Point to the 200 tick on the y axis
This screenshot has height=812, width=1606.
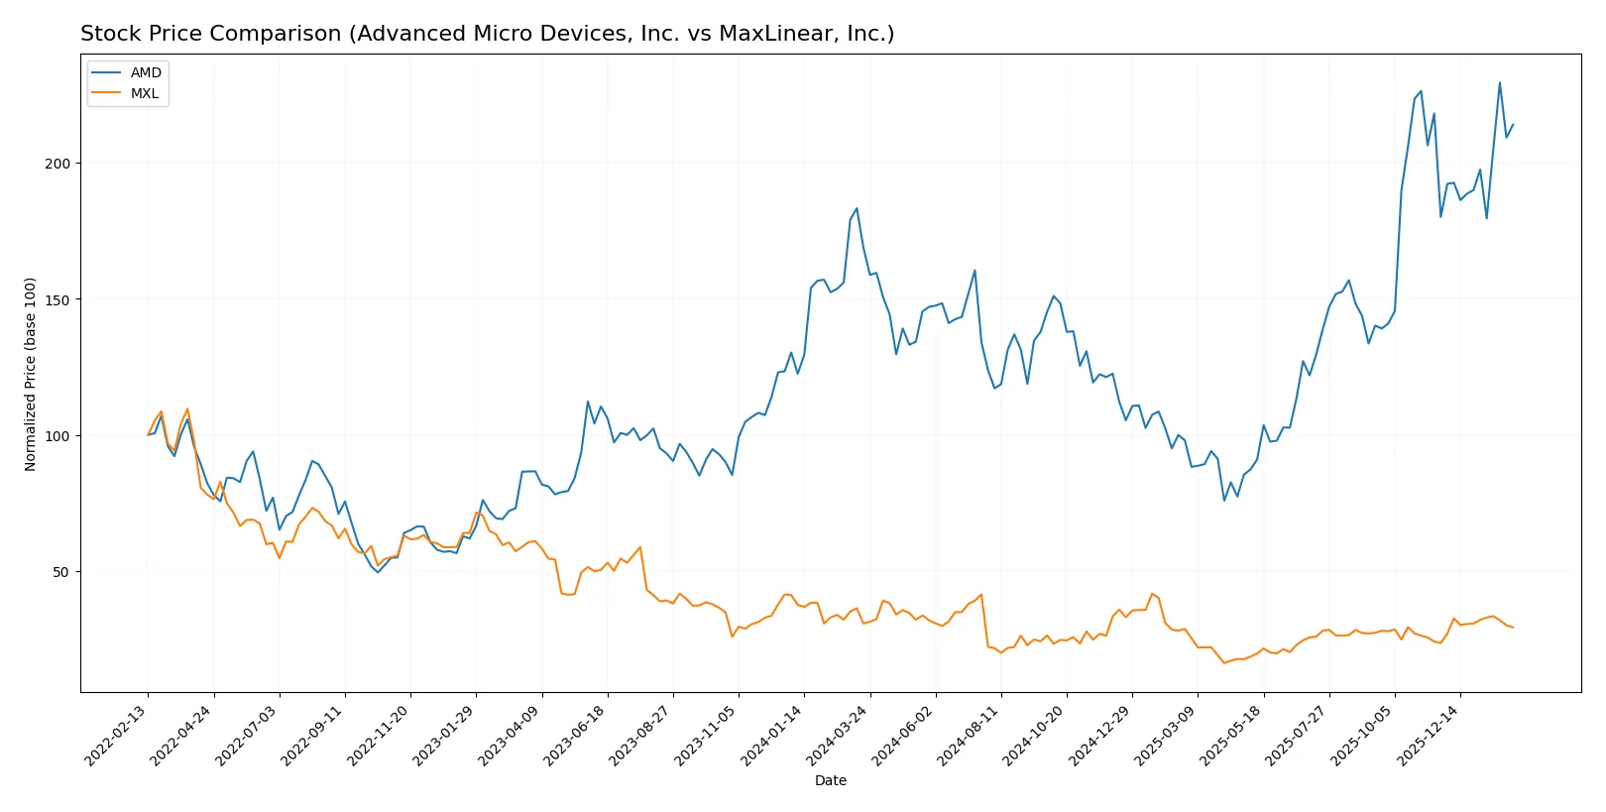coord(57,164)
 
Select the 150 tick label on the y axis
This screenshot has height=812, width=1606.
coord(57,299)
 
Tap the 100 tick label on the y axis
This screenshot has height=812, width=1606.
coord(57,436)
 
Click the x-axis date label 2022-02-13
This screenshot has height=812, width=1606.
coord(118,735)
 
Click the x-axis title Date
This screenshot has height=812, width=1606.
coord(831,780)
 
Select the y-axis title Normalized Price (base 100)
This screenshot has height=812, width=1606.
coord(31,374)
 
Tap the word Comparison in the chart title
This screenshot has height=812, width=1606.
coord(288,34)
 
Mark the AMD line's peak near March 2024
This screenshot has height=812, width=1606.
coord(857,208)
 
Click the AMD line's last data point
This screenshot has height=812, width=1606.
coord(1513,125)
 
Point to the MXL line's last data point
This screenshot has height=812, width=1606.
coord(1513,628)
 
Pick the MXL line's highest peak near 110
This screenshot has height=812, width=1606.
coord(187,408)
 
